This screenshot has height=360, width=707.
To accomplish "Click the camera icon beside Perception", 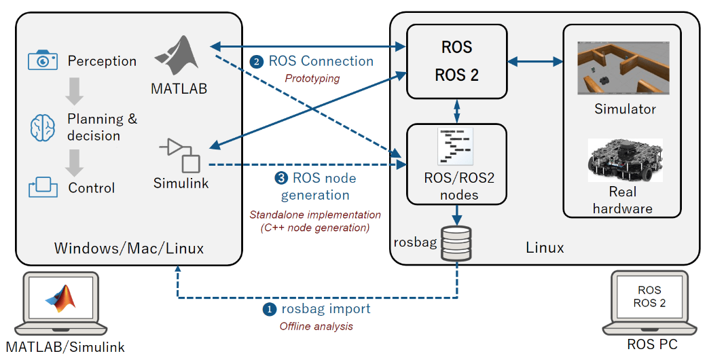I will (x=42, y=60).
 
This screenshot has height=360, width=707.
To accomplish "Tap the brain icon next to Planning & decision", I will (x=42, y=127).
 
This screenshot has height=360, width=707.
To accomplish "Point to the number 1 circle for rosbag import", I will (x=270, y=310).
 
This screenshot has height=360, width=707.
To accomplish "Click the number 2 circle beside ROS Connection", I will (x=257, y=62).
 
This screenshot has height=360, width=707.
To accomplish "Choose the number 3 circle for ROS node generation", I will (x=280, y=179).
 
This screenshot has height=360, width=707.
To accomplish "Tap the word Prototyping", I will (x=312, y=78).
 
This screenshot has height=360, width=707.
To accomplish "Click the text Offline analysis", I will (x=316, y=326).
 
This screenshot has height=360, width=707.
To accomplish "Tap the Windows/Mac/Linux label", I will (x=129, y=249).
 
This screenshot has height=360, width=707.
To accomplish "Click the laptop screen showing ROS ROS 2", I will (x=649, y=298).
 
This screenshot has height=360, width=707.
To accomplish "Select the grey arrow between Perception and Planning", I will (x=75, y=89).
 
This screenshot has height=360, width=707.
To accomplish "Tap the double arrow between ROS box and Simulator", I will (x=536, y=62).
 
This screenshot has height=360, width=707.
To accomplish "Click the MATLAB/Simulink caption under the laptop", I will (x=65, y=347).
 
